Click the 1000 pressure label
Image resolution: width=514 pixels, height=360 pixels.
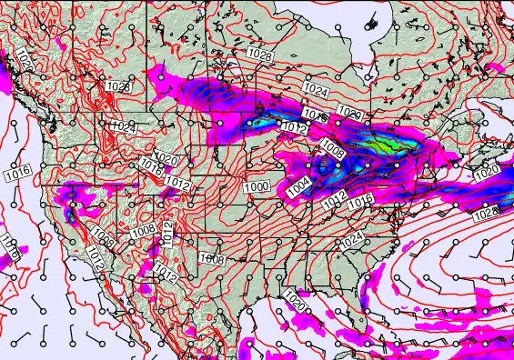(x=256, y=186)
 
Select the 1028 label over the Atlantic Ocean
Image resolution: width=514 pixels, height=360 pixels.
(x=487, y=214)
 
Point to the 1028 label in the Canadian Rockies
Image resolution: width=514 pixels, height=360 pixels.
(x=117, y=85)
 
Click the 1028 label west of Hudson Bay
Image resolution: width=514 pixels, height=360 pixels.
(x=259, y=56)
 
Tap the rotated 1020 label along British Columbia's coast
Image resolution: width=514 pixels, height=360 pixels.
(x=23, y=61)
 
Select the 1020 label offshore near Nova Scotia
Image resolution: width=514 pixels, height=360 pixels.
(x=487, y=171)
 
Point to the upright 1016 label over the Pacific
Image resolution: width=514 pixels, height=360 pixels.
(x=18, y=172)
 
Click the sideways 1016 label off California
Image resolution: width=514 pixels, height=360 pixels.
(x=9, y=244)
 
